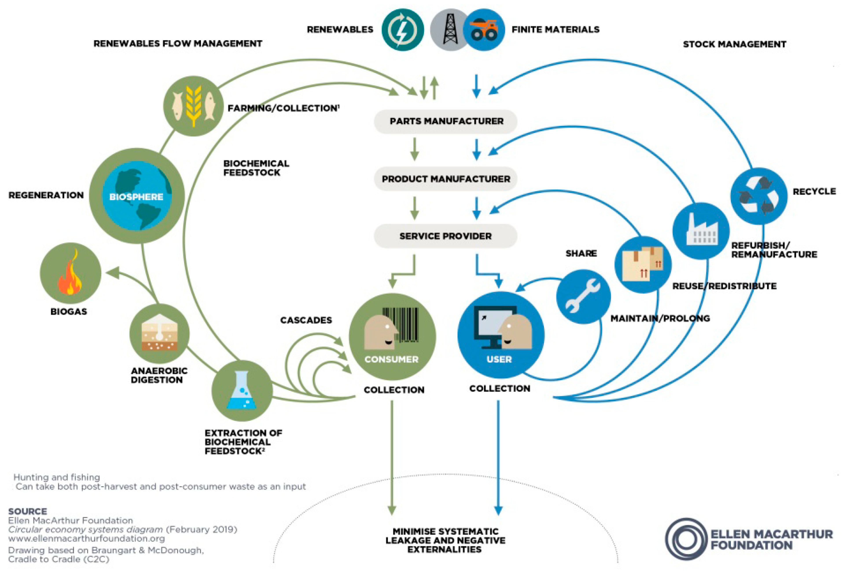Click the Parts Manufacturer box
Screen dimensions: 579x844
(x=446, y=121)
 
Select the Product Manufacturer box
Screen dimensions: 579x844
(x=446, y=179)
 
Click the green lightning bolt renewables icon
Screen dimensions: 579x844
(x=402, y=30)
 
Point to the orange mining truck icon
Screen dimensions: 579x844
(x=484, y=30)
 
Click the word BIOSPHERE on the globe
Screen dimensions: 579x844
(x=136, y=197)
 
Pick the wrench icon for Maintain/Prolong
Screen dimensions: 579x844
(x=583, y=296)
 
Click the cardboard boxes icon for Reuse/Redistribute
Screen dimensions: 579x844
(x=643, y=264)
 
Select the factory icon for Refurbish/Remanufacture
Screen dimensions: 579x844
(x=701, y=231)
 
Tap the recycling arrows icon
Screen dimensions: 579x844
(x=759, y=195)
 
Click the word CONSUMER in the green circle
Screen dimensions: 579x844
(x=392, y=359)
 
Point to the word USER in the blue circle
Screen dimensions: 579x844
(x=499, y=359)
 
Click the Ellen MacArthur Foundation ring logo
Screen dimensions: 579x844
(x=686, y=539)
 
